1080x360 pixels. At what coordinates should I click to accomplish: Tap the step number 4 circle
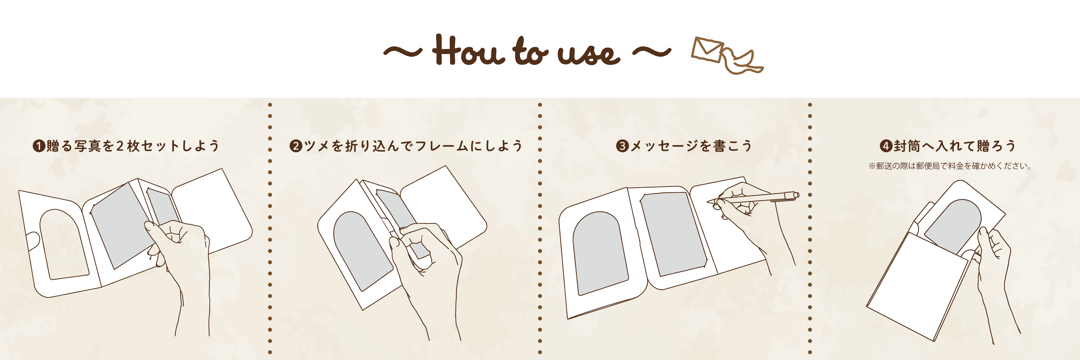[x=886, y=146]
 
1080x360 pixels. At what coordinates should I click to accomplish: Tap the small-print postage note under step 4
[x=950, y=166]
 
